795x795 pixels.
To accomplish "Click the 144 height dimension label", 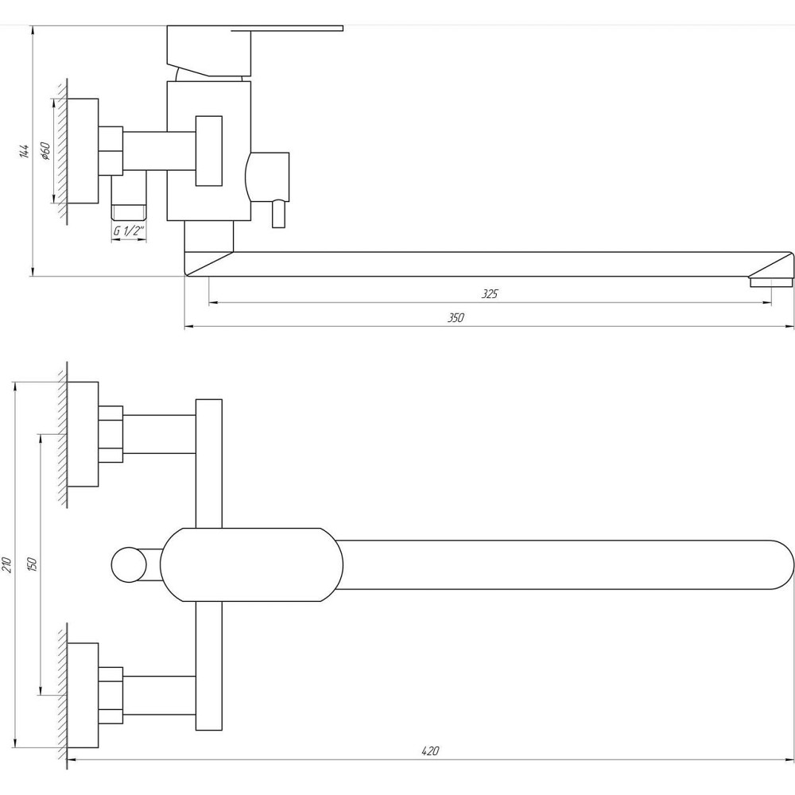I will click(x=25, y=151).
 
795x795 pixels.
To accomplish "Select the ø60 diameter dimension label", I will click(x=45, y=150).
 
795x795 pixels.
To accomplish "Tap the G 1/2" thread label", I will click(x=128, y=231).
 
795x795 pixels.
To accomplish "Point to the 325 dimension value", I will click(x=490, y=294).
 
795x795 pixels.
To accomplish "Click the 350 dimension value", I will click(x=455, y=318).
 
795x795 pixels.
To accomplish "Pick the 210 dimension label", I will click(x=7, y=565).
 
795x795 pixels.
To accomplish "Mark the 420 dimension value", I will click(x=430, y=751).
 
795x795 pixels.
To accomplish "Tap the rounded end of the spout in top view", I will click(x=775, y=565).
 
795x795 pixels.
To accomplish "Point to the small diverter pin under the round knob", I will click(x=278, y=213).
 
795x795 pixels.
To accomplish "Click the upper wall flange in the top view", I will click(x=83, y=434).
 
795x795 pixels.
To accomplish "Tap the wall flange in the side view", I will click(x=83, y=150).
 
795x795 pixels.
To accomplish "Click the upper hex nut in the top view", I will click(x=111, y=434).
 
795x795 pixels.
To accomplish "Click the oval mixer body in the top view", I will click(x=251, y=564).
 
